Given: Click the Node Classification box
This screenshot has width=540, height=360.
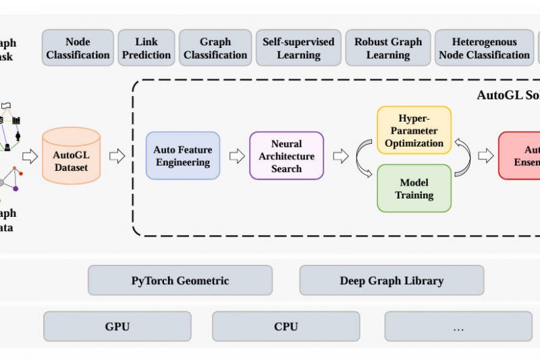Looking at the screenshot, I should pyautogui.click(x=78, y=48).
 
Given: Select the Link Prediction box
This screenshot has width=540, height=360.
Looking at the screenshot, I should pyautogui.click(x=146, y=48).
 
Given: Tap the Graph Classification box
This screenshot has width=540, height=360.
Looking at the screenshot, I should pyautogui.click(x=215, y=48).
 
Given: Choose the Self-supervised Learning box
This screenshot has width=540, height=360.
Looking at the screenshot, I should pyautogui.click(x=298, y=48).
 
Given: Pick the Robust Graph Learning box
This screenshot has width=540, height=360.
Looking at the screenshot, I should pyautogui.click(x=388, y=48).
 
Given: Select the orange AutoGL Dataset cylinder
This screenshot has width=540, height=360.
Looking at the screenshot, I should pyautogui.click(x=71, y=156).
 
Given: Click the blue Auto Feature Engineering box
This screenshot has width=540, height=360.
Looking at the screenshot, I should pyautogui.click(x=183, y=156).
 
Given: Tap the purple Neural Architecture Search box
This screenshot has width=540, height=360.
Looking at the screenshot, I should pyautogui.click(x=286, y=156).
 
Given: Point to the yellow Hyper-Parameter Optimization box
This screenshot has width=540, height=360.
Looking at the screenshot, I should pyautogui.click(x=414, y=130).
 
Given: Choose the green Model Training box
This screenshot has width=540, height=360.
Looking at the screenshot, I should pyautogui.click(x=414, y=188).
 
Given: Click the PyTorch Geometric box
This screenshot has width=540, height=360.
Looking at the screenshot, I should pyautogui.click(x=180, y=280).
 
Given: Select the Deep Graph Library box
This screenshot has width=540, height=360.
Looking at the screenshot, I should pyautogui.click(x=391, y=280).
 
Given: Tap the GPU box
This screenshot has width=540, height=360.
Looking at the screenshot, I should pyautogui.click(x=117, y=327).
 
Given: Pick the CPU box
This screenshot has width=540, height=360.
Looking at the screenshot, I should pyautogui.click(x=286, y=327).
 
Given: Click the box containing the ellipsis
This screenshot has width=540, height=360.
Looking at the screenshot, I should pyautogui.click(x=458, y=327).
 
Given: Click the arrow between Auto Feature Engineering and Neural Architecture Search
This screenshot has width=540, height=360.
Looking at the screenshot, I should pyautogui.click(x=236, y=157).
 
